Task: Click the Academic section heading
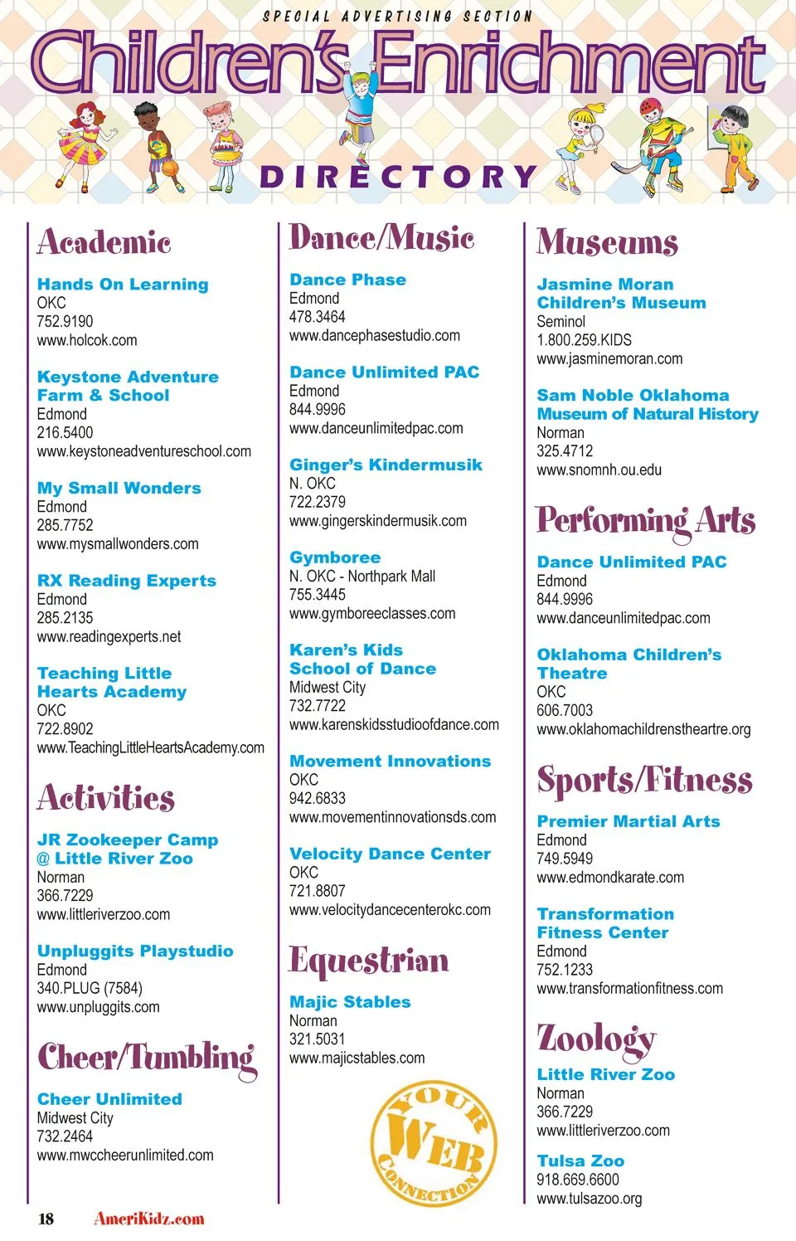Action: (x=104, y=242)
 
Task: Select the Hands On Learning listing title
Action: (x=123, y=285)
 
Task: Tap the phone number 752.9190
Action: (x=65, y=321)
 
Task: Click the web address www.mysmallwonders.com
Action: (x=118, y=544)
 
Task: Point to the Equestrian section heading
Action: (x=369, y=961)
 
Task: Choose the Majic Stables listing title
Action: (x=350, y=1002)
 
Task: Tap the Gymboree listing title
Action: (x=335, y=557)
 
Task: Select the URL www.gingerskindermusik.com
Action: (x=378, y=521)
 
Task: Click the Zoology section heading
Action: (x=596, y=1039)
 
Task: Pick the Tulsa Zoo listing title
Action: (x=580, y=1161)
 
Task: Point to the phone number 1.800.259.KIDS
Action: (x=584, y=340)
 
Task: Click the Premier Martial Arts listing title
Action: (x=629, y=821)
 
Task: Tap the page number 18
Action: (x=46, y=1219)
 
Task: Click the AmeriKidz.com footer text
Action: (x=149, y=1219)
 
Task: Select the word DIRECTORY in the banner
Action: (x=398, y=177)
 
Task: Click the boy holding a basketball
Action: (x=158, y=146)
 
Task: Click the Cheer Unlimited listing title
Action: (x=109, y=1099)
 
